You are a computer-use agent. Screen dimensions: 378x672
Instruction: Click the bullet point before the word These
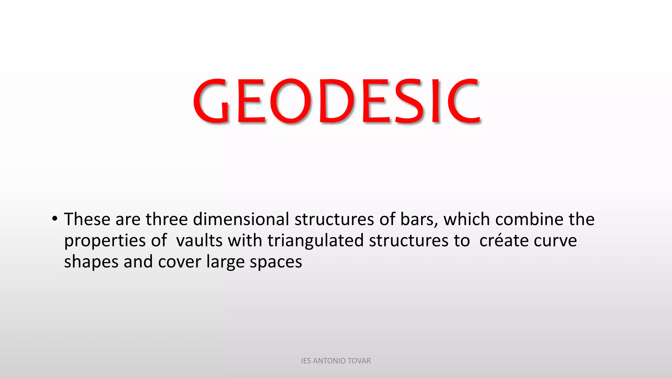pos(54,219)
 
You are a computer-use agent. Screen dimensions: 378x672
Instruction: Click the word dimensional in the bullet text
pos(241,219)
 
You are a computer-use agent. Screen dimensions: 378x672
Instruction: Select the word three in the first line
pos(167,219)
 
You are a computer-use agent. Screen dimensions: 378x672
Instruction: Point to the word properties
pos(105,241)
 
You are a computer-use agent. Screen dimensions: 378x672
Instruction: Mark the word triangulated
pos(315,241)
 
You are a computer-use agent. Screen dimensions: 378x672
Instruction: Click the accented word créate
pos(504,241)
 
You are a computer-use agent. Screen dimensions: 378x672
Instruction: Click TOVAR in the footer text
pos(360,361)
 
